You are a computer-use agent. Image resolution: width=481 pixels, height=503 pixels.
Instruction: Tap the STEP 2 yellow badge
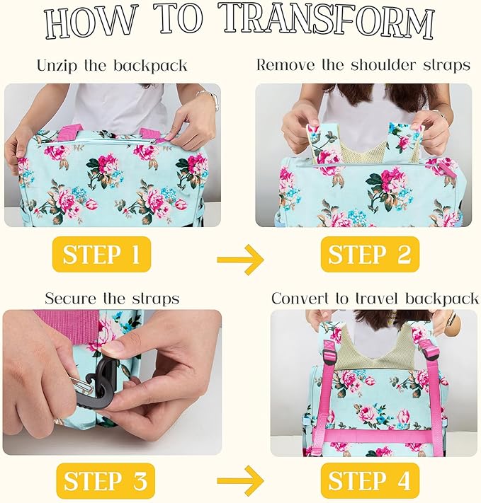pyautogui.click(x=370, y=254)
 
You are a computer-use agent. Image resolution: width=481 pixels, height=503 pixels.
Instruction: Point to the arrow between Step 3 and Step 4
pyautogui.click(x=240, y=484)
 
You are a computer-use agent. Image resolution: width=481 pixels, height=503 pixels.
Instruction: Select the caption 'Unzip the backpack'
pyautogui.click(x=112, y=66)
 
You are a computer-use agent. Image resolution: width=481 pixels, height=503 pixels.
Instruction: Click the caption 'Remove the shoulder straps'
pyautogui.click(x=363, y=65)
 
